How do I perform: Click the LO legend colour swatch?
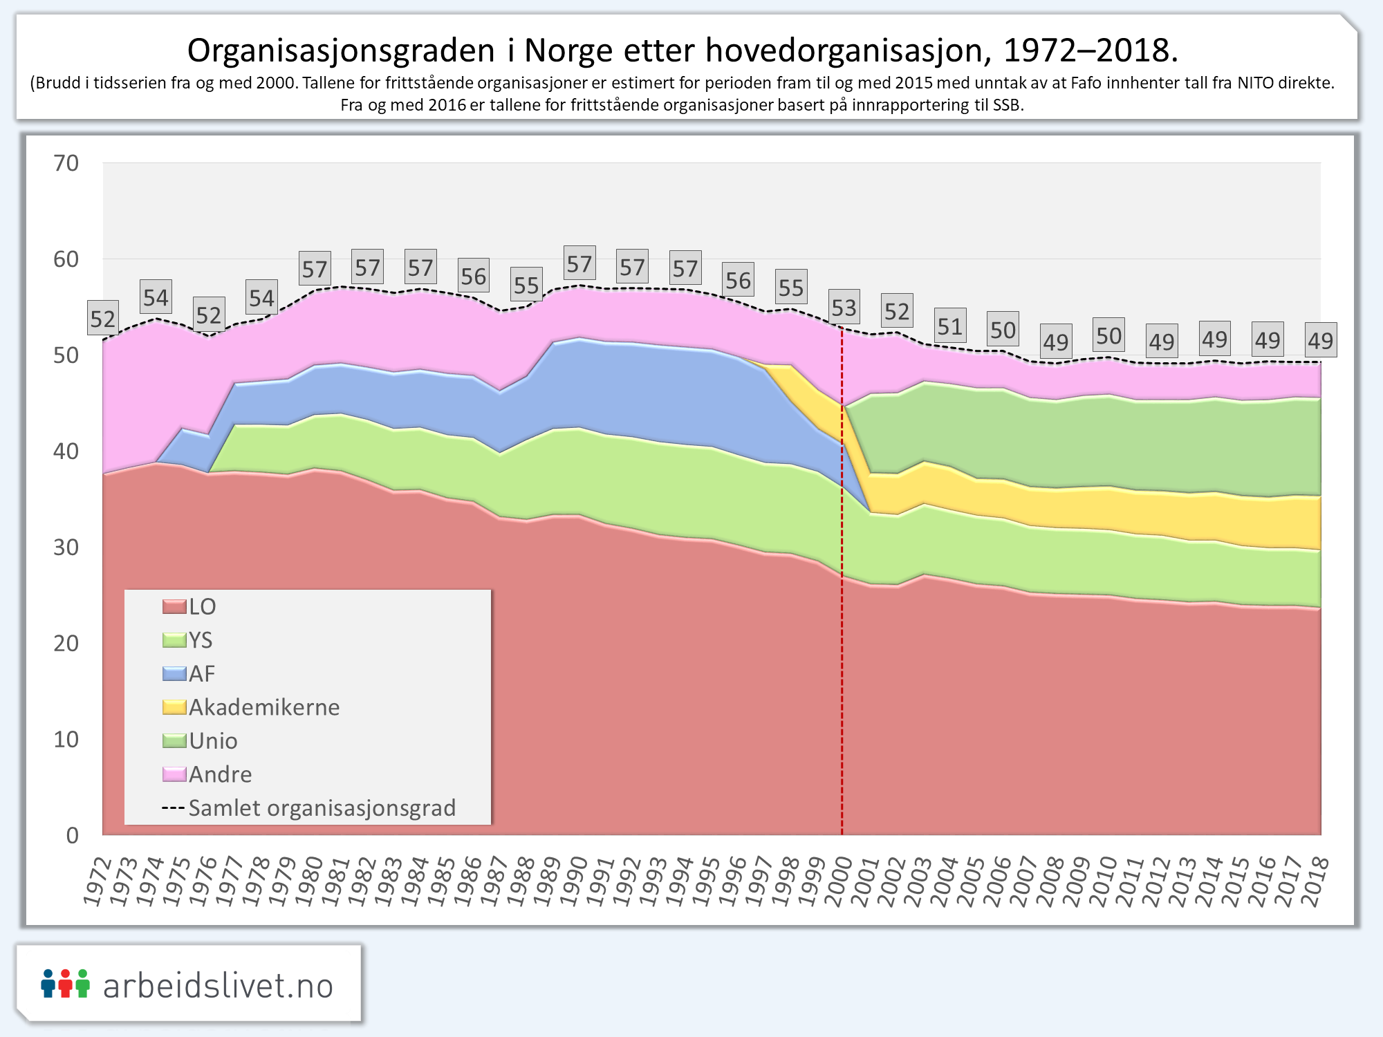pyautogui.click(x=174, y=607)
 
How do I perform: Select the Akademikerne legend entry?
pyautogui.click(x=263, y=707)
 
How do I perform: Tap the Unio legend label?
pyautogui.click(x=213, y=741)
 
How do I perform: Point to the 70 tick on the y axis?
pyautogui.click(x=66, y=164)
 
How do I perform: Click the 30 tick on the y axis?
pyautogui.click(x=66, y=548)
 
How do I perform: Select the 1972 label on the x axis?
pyautogui.click(x=97, y=881)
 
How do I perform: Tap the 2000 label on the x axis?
pyautogui.click(x=838, y=881)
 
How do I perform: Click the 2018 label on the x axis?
pyautogui.click(x=1315, y=881)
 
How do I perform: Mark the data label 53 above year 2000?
pyautogui.click(x=844, y=308)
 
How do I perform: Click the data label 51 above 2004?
pyautogui.click(x=950, y=326)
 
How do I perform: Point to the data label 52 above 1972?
pyautogui.click(x=103, y=319)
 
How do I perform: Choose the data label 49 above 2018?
pyautogui.click(x=1320, y=340)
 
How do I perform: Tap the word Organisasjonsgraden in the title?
pyautogui.click(x=342, y=50)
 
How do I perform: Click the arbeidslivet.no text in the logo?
pyautogui.click(x=218, y=985)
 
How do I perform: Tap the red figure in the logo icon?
pyautogui.click(x=65, y=983)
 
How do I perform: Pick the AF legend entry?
pyautogui.click(x=201, y=674)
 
